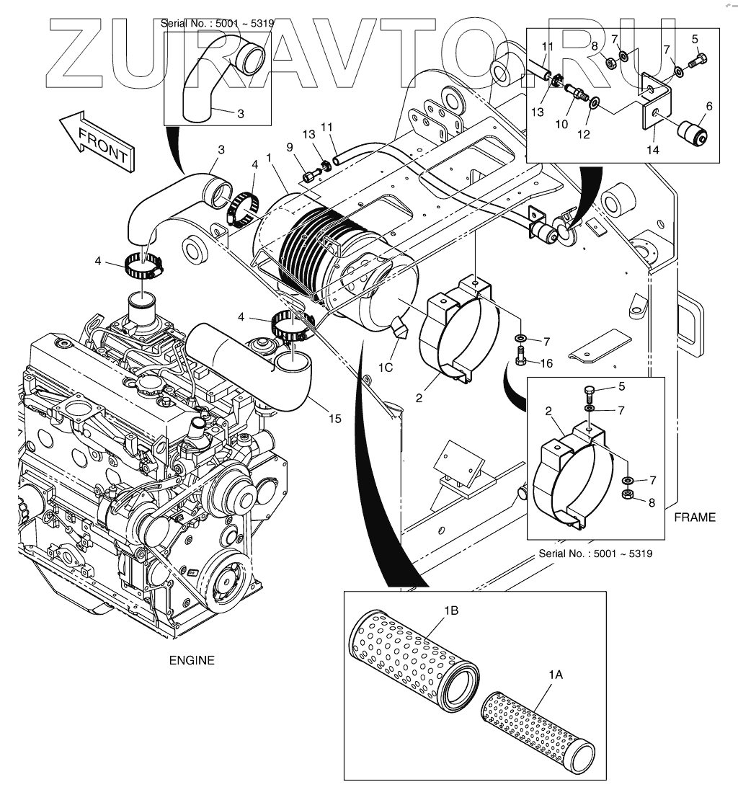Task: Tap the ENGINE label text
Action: pos(192,659)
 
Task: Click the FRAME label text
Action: pos(695,517)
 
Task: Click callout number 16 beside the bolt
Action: pos(547,363)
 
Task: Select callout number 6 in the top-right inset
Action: pos(710,106)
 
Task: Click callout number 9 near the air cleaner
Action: pos(290,148)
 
